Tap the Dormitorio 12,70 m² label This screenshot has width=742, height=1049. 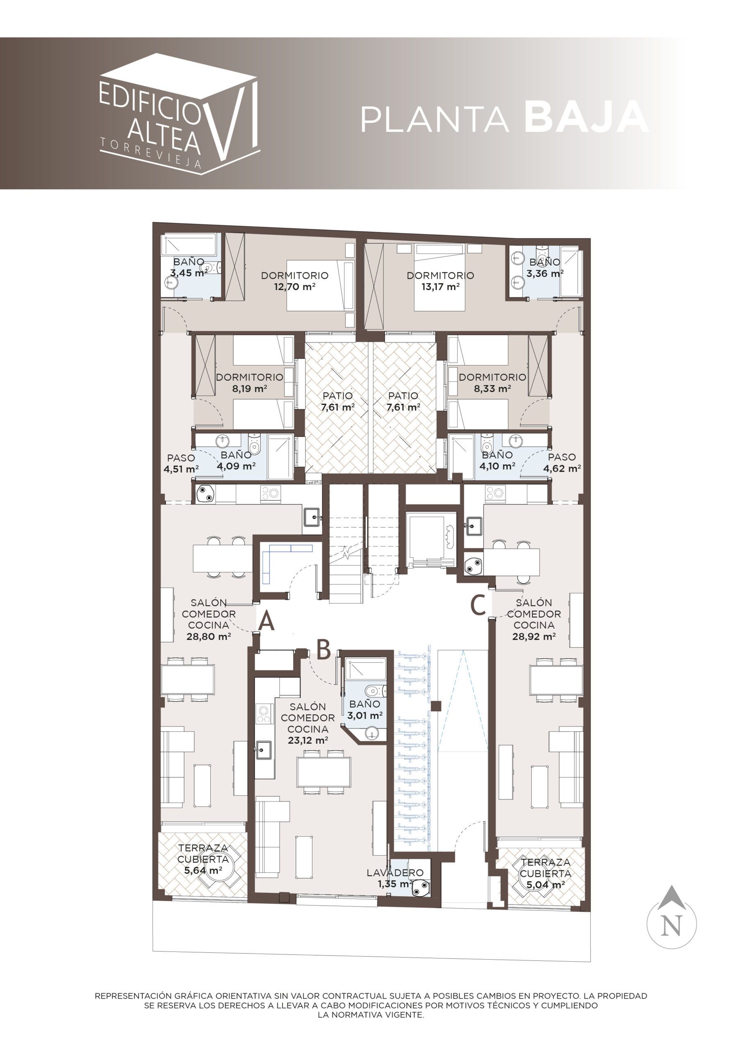click(x=295, y=281)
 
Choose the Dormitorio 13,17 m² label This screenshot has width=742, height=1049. click(x=440, y=281)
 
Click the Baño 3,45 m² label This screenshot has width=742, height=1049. click(x=189, y=268)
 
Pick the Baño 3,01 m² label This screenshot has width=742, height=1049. click(x=364, y=710)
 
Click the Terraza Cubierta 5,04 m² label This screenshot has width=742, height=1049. click(x=545, y=874)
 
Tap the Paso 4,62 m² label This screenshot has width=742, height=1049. click(x=562, y=462)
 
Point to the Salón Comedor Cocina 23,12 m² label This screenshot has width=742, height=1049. click(x=308, y=724)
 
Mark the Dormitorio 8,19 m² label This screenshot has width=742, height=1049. click(x=250, y=383)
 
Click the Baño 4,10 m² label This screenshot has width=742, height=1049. click(x=497, y=461)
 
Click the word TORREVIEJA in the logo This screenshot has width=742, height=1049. click(x=151, y=154)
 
